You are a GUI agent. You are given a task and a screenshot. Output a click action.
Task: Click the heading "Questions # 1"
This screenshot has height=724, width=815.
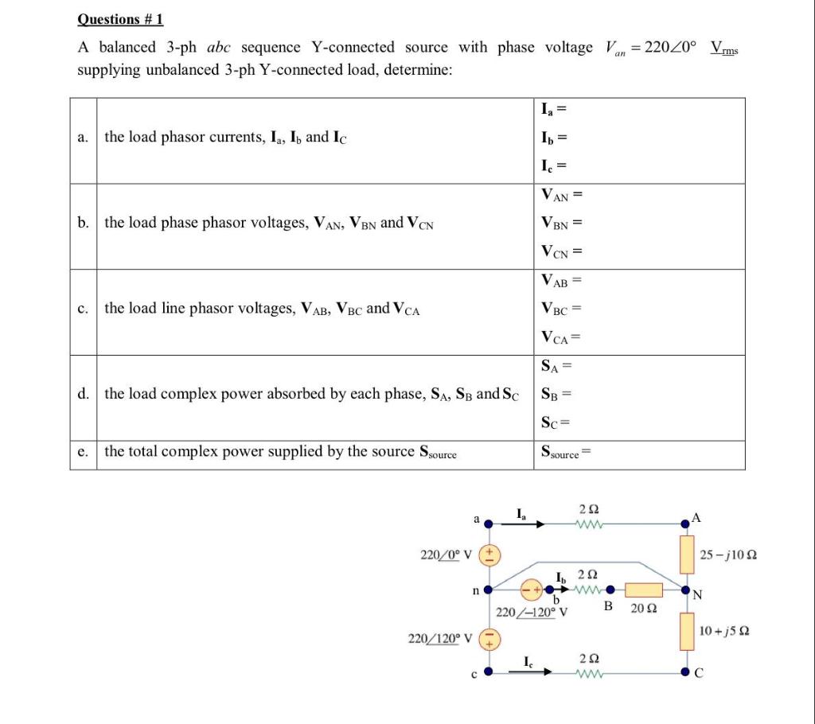click(x=119, y=20)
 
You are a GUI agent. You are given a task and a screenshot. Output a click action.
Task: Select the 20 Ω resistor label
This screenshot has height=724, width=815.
click(x=642, y=609)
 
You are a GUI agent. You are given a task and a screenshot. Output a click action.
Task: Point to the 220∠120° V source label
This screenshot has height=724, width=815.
click(x=439, y=638)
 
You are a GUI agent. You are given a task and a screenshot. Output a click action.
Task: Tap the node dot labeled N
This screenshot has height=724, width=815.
click(x=685, y=590)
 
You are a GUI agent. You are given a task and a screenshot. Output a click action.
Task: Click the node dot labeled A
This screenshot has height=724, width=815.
click(x=685, y=524)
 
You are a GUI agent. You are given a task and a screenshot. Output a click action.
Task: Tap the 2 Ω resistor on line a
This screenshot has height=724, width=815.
click(x=590, y=524)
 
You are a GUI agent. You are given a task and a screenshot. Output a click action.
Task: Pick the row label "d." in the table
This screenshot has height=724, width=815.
click(x=84, y=394)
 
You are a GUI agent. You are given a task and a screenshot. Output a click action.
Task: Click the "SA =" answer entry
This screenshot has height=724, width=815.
click(x=557, y=366)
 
